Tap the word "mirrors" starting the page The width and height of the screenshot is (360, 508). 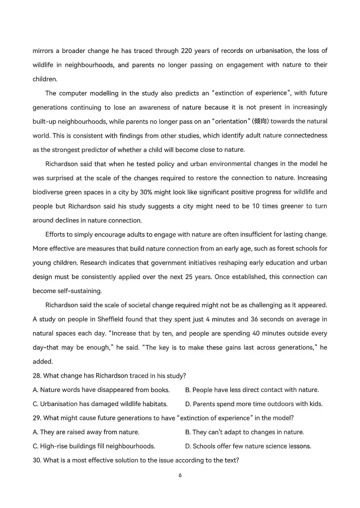44,51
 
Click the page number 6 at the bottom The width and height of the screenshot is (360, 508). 180,475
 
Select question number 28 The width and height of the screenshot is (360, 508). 37,376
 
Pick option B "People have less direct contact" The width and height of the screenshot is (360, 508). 252,390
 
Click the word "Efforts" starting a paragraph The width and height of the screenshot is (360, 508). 55,235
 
